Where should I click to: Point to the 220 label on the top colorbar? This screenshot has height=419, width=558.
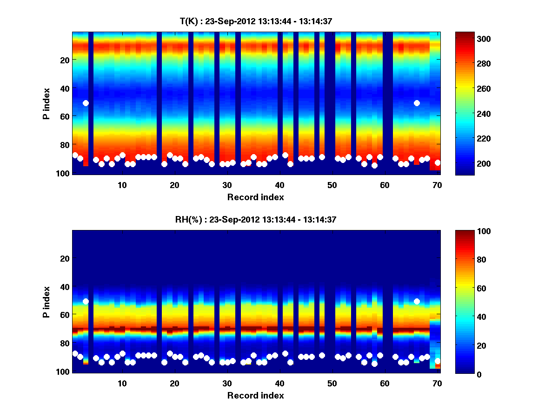tap(469, 139)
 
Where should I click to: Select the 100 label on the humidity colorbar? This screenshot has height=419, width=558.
tap(469, 231)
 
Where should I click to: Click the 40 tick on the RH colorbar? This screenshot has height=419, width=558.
tap(467, 317)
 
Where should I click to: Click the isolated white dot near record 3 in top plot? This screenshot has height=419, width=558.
tap(86, 103)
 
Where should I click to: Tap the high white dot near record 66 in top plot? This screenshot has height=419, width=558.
tap(417, 103)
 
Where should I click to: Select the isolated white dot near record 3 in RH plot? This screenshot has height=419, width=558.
tap(86, 301)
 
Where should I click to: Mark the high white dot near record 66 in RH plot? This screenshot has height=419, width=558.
tap(417, 301)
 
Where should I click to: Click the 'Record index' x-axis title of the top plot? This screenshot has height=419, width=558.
tap(255, 197)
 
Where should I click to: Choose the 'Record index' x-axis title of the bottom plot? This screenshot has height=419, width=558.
tap(255, 395)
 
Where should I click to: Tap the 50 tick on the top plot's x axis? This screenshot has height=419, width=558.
tap(332, 185)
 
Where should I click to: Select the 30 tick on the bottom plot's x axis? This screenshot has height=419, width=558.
tap(227, 383)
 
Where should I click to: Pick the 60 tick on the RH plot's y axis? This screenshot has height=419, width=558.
tap(64, 315)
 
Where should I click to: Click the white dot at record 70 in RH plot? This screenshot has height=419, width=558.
tap(438, 361)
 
